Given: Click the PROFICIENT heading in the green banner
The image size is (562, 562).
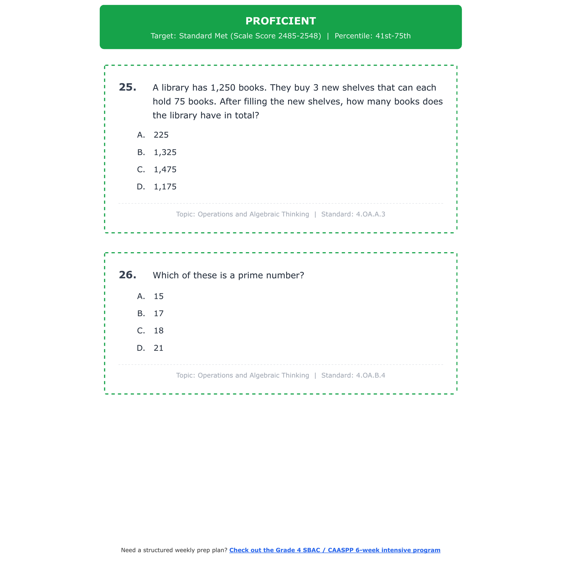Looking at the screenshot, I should pyautogui.click(x=281, y=21).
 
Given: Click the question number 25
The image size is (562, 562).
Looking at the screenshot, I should pyautogui.click(x=127, y=87).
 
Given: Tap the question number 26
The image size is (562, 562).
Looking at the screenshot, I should pyautogui.click(x=127, y=275).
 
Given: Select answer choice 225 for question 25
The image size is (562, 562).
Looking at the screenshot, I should pyautogui.click(x=161, y=135).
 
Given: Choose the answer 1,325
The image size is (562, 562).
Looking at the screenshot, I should pyautogui.click(x=165, y=152).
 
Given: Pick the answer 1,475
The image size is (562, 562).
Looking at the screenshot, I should pyautogui.click(x=165, y=170).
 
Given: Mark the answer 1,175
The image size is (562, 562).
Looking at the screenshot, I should pyautogui.click(x=165, y=187).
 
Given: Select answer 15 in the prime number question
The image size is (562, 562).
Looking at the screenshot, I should pyautogui.click(x=158, y=296).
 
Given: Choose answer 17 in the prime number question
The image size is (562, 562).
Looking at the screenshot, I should pyautogui.click(x=158, y=314).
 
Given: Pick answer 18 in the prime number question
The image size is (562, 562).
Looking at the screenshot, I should pyautogui.click(x=158, y=331).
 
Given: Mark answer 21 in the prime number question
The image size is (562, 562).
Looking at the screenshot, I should pyautogui.click(x=158, y=348).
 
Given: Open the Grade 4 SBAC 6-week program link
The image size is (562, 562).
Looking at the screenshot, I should pyautogui.click(x=335, y=550).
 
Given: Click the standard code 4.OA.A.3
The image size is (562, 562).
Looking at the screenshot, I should pyautogui.click(x=371, y=214).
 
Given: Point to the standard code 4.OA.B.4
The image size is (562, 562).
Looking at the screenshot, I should pyautogui.click(x=371, y=375).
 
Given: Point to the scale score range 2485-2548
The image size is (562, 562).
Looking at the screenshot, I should pyautogui.click(x=299, y=36).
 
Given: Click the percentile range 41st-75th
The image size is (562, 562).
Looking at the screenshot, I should pyautogui.click(x=393, y=36).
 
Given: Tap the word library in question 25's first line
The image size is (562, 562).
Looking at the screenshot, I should pyautogui.click(x=175, y=88).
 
